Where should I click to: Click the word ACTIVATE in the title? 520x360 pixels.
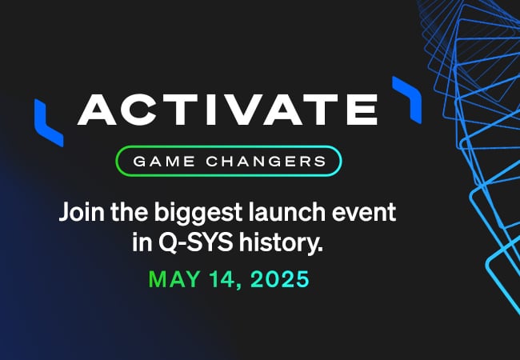coord(227,110)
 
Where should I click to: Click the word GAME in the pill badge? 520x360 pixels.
coord(164,162)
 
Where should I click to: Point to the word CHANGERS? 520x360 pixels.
coord(266,162)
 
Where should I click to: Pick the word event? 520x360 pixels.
coord(364,213)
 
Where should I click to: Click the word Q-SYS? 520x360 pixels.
coord(196,242)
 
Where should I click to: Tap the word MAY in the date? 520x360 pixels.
coord(174,279)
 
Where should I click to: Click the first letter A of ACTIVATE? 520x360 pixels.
coord(97,110)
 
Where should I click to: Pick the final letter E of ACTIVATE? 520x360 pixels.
coord(362,110)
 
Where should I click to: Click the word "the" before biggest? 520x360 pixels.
coord(130,211)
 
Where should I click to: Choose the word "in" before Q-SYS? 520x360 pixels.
coord(142,242)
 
